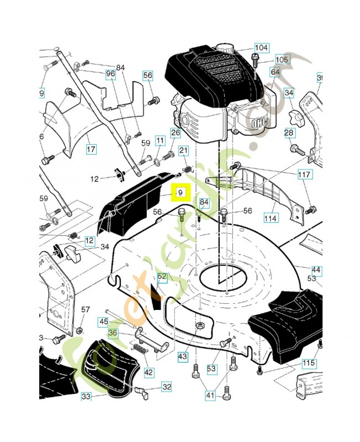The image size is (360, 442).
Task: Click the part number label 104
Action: [x=261, y=47]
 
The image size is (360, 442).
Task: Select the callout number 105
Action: [x=282, y=59]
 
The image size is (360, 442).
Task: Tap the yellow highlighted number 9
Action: [x=180, y=193]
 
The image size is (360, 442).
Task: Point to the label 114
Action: [x=270, y=218]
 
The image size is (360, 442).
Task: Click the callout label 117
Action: [x=304, y=175]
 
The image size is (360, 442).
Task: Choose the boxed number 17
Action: [x=92, y=149]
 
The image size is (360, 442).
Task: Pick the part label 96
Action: [x=110, y=73]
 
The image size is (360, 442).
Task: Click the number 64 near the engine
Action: [x=275, y=72]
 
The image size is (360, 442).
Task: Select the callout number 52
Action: [x=162, y=276]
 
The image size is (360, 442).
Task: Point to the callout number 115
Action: [x=309, y=363]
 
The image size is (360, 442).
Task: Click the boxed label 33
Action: [x=86, y=396]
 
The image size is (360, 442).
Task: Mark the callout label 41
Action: [x=210, y=395]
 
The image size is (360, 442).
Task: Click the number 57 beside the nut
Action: [x=86, y=309]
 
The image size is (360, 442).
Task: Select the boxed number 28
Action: [x=289, y=133]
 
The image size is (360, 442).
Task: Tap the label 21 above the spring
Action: [x=183, y=151]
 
